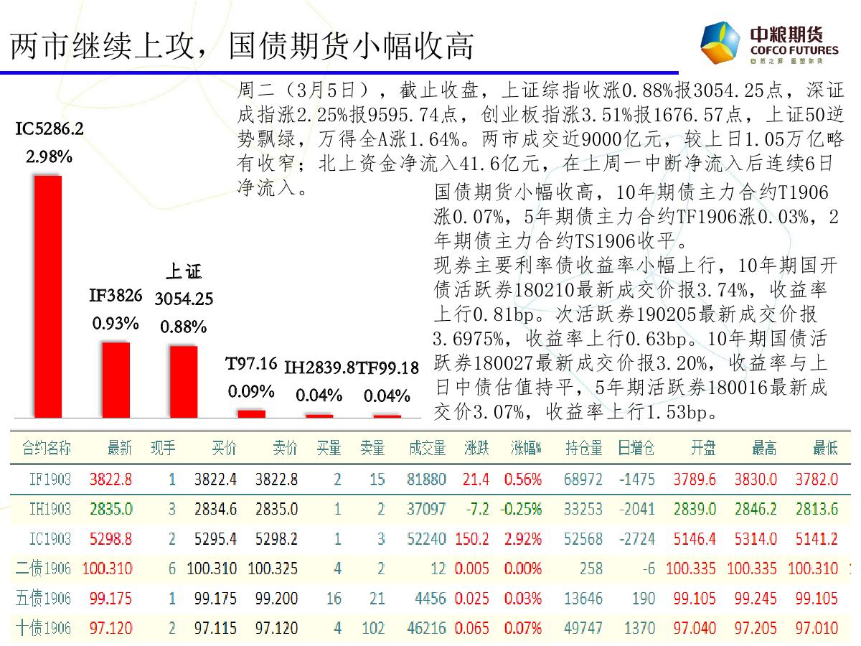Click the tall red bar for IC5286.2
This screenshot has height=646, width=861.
(x=48, y=296)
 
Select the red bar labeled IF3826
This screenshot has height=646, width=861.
(x=116, y=379)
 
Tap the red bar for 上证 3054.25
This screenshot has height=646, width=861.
(x=183, y=381)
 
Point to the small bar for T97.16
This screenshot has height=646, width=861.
(x=251, y=413)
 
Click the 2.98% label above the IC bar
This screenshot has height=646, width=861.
(x=49, y=156)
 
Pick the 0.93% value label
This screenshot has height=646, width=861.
(x=116, y=323)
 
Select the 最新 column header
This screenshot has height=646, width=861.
(x=119, y=449)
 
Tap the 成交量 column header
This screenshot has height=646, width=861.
(x=427, y=449)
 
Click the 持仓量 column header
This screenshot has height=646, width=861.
(x=583, y=449)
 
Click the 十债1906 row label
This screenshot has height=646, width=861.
(x=44, y=628)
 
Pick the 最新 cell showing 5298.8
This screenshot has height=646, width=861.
(x=111, y=539)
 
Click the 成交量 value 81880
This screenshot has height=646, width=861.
(x=427, y=479)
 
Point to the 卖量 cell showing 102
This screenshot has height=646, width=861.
(x=373, y=628)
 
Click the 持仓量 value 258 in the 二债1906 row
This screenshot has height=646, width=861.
(x=591, y=568)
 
